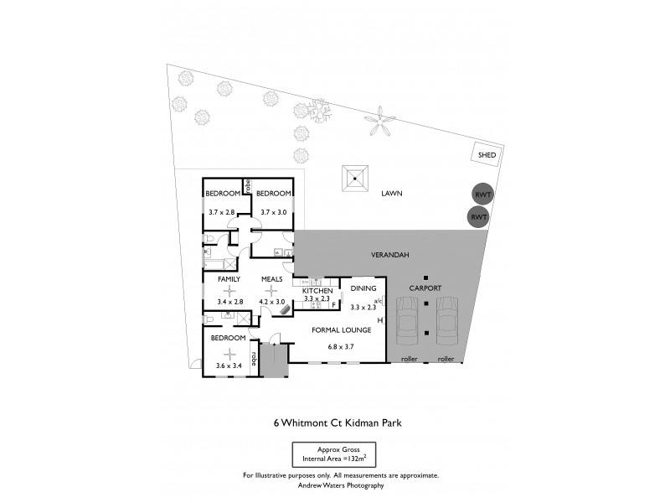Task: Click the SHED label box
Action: pos(487,155)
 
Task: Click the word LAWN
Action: pos(392,194)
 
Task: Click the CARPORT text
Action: pos(425,288)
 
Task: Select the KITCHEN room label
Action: pos(318,290)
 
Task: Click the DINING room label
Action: pos(363,288)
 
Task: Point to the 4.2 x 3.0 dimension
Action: pos(273,301)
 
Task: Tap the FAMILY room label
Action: pos(229,278)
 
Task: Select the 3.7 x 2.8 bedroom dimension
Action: pos(223,212)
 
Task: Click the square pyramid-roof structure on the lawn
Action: pos(355,179)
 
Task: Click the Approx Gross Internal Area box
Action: pos(334,454)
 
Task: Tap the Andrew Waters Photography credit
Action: pos(340,485)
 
